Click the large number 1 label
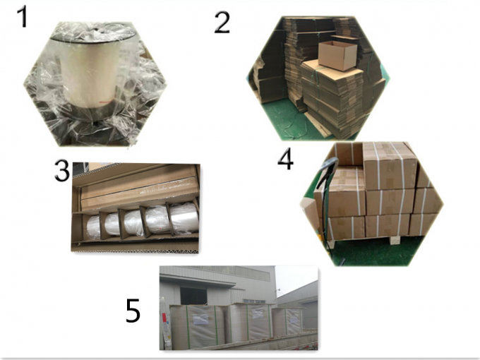(23, 17)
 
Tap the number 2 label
(222, 22)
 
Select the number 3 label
(62, 171)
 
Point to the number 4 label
(286, 160)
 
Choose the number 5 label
(133, 311)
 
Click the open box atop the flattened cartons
(337, 55)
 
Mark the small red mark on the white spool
(106, 102)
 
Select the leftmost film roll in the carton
(93, 227)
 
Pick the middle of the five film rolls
(133, 223)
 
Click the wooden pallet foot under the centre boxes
(395, 240)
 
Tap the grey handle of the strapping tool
(328, 172)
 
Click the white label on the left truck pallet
(200, 320)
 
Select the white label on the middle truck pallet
(258, 313)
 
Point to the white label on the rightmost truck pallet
(294, 320)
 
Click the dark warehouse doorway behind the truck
(193, 296)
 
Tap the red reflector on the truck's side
(164, 318)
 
